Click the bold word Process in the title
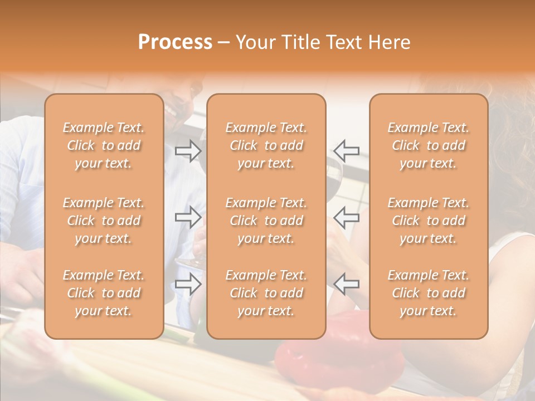click(175, 42)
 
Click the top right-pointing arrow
click(188, 151)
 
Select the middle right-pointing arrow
click(188, 217)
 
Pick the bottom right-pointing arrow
click(188, 284)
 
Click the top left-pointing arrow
click(347, 151)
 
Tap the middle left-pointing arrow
click(347, 217)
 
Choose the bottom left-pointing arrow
click(347, 284)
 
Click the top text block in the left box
click(104, 145)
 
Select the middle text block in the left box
click(104, 221)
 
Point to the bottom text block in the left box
click(104, 293)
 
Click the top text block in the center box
click(266, 145)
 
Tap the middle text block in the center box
click(266, 221)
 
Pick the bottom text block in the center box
click(266, 293)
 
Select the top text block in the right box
click(429, 145)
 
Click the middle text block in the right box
click(429, 221)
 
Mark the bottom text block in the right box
click(429, 293)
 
